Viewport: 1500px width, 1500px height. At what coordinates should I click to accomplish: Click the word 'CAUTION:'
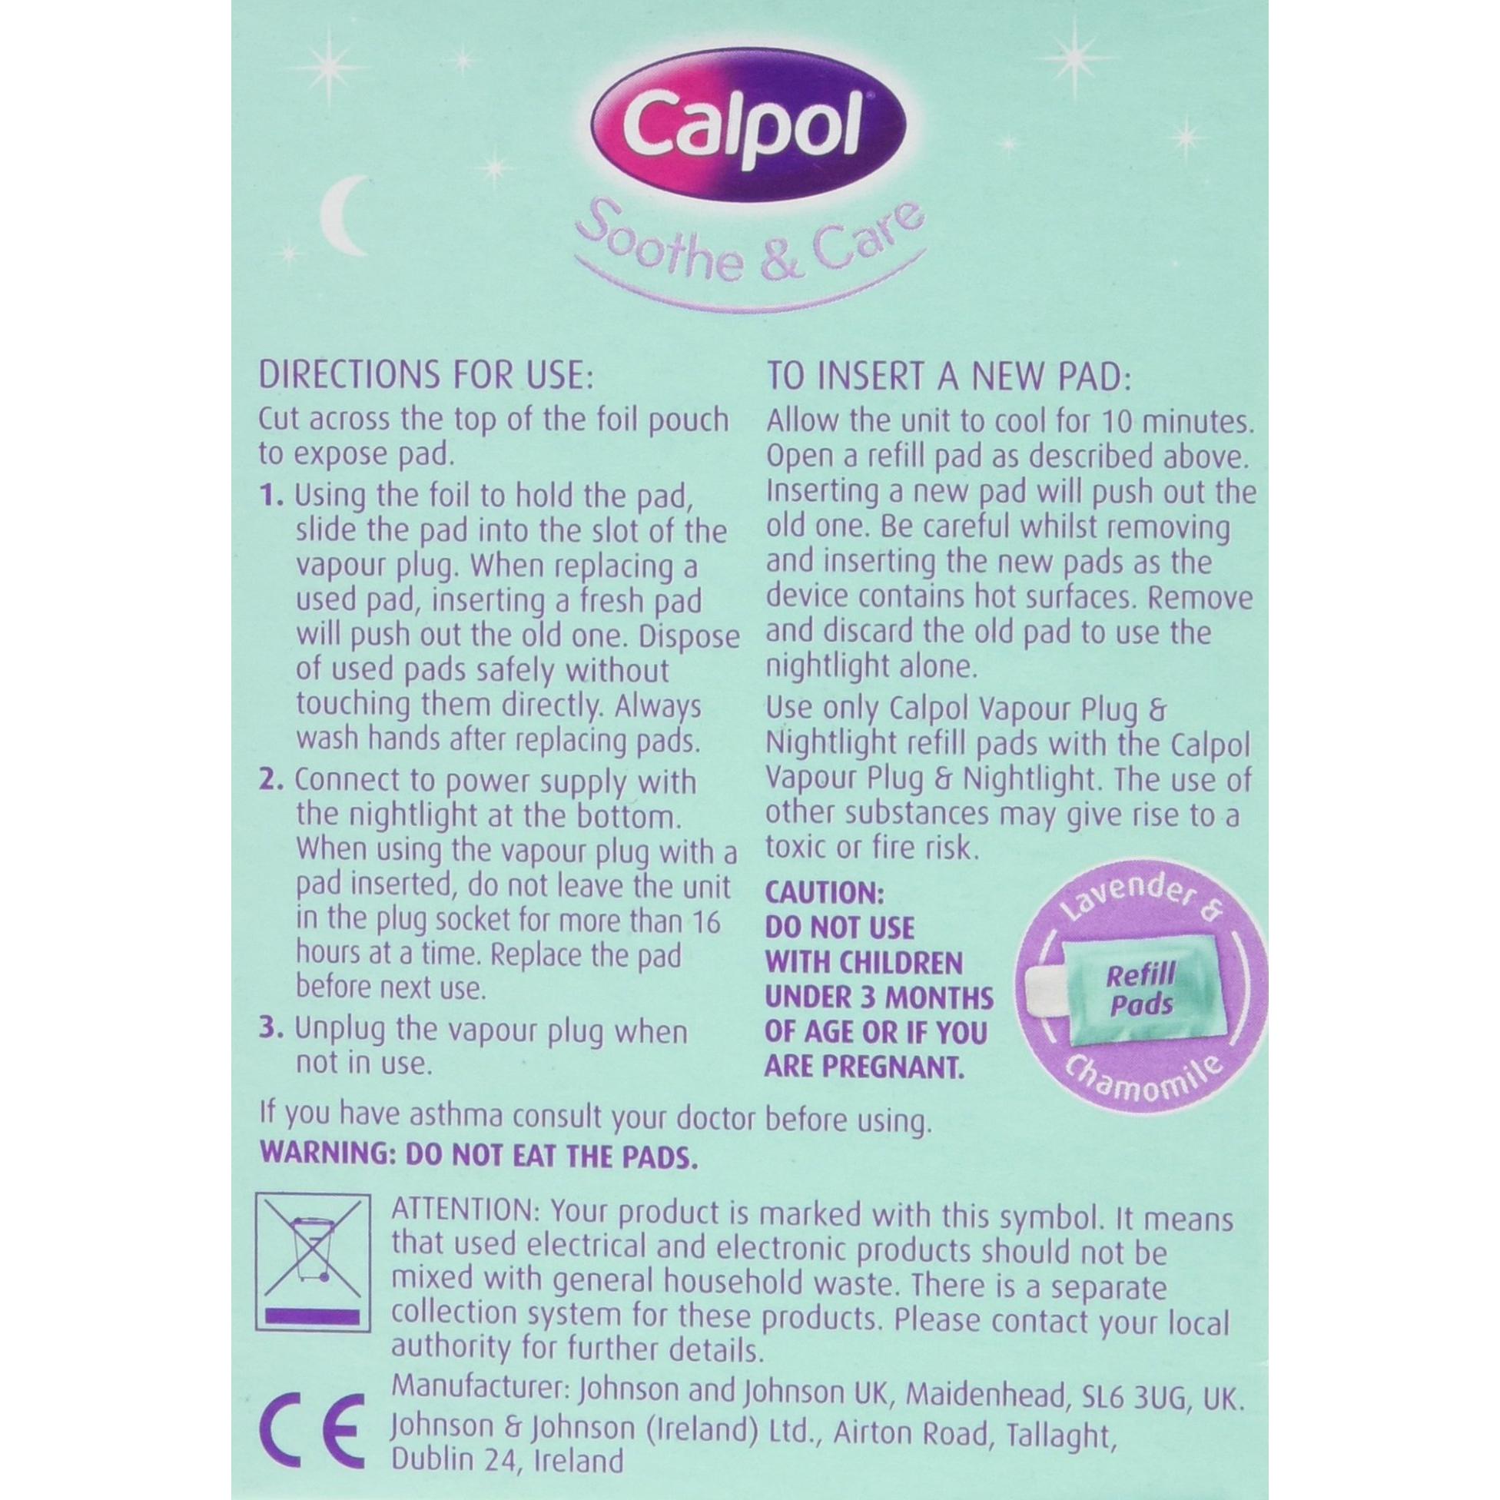825,894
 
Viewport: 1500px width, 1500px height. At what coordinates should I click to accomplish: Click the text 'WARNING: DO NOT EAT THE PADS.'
476,1178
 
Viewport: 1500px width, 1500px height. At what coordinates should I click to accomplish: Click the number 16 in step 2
704,921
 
